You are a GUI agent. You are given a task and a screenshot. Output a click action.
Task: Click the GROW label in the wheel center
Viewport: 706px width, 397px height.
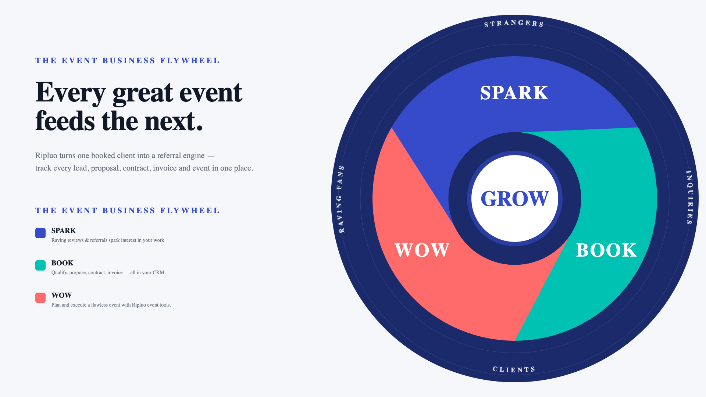pyautogui.click(x=514, y=198)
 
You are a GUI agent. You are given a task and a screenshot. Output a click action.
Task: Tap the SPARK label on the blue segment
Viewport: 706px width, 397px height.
pyautogui.click(x=514, y=93)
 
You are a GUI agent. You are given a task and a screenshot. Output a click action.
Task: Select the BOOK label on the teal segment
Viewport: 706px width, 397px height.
pyautogui.click(x=606, y=250)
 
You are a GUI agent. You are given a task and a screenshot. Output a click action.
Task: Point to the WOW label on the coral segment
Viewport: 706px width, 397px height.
pyautogui.click(x=422, y=250)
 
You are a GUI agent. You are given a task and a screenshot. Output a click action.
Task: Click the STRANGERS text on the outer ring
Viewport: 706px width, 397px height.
pyautogui.click(x=514, y=24)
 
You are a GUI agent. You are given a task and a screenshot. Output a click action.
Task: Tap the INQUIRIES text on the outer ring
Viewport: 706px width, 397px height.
pyautogui.click(x=689, y=197)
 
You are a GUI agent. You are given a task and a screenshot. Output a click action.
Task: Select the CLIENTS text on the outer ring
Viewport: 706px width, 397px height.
pyautogui.click(x=514, y=369)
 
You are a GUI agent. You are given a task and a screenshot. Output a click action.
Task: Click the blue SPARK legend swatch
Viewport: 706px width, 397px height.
pyautogui.click(x=40, y=233)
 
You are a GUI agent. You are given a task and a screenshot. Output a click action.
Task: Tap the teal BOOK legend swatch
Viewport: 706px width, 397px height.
pyautogui.click(x=40, y=265)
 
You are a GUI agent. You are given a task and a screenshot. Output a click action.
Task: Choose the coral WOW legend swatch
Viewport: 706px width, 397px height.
pyautogui.click(x=40, y=298)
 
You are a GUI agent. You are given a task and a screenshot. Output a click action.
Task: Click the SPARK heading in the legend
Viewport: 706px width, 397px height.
pyautogui.click(x=64, y=231)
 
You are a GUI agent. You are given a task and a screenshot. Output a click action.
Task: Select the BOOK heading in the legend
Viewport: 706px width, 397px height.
pyautogui.click(x=63, y=263)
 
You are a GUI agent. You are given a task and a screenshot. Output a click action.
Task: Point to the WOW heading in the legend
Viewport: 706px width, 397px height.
pyautogui.click(x=62, y=296)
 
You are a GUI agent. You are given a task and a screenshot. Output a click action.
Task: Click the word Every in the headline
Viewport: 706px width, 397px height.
pyautogui.click(x=70, y=93)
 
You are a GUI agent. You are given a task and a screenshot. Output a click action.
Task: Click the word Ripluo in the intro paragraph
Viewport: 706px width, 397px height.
pyautogui.click(x=46, y=155)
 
